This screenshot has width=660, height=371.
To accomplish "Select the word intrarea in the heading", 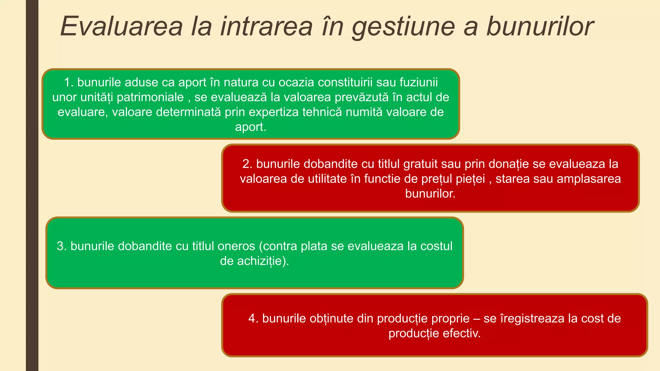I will point(267,26).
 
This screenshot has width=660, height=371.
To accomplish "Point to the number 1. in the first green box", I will point(69,82).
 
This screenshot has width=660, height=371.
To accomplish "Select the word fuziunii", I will point(419,82).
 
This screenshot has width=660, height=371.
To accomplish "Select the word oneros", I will point(236,246).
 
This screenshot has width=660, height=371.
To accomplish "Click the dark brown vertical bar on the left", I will point(32,193).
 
